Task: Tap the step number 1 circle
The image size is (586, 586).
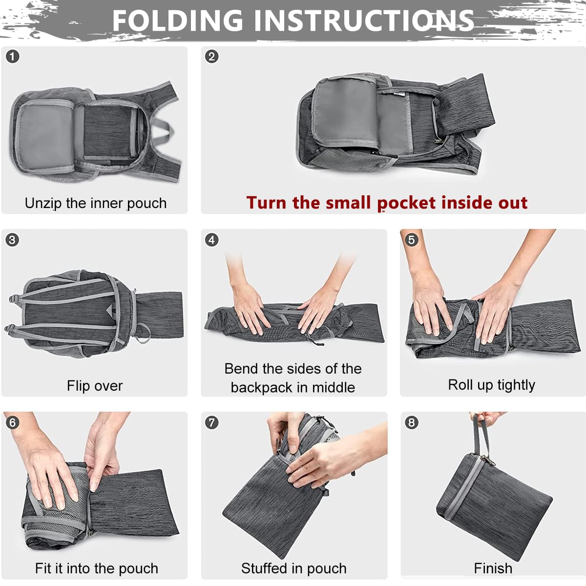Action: [13, 57]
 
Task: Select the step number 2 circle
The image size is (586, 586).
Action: [211, 57]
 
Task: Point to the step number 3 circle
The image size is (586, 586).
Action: [12, 240]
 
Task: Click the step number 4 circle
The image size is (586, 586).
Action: [211, 240]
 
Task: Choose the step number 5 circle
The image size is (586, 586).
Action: [412, 240]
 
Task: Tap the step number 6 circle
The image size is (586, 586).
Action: [13, 422]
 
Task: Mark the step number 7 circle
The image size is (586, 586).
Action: [211, 422]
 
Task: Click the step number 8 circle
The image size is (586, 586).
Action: [412, 422]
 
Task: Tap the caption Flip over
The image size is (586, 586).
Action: [95, 386]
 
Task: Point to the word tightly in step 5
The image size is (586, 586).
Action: [515, 385]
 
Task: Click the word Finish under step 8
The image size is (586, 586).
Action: [493, 568]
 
